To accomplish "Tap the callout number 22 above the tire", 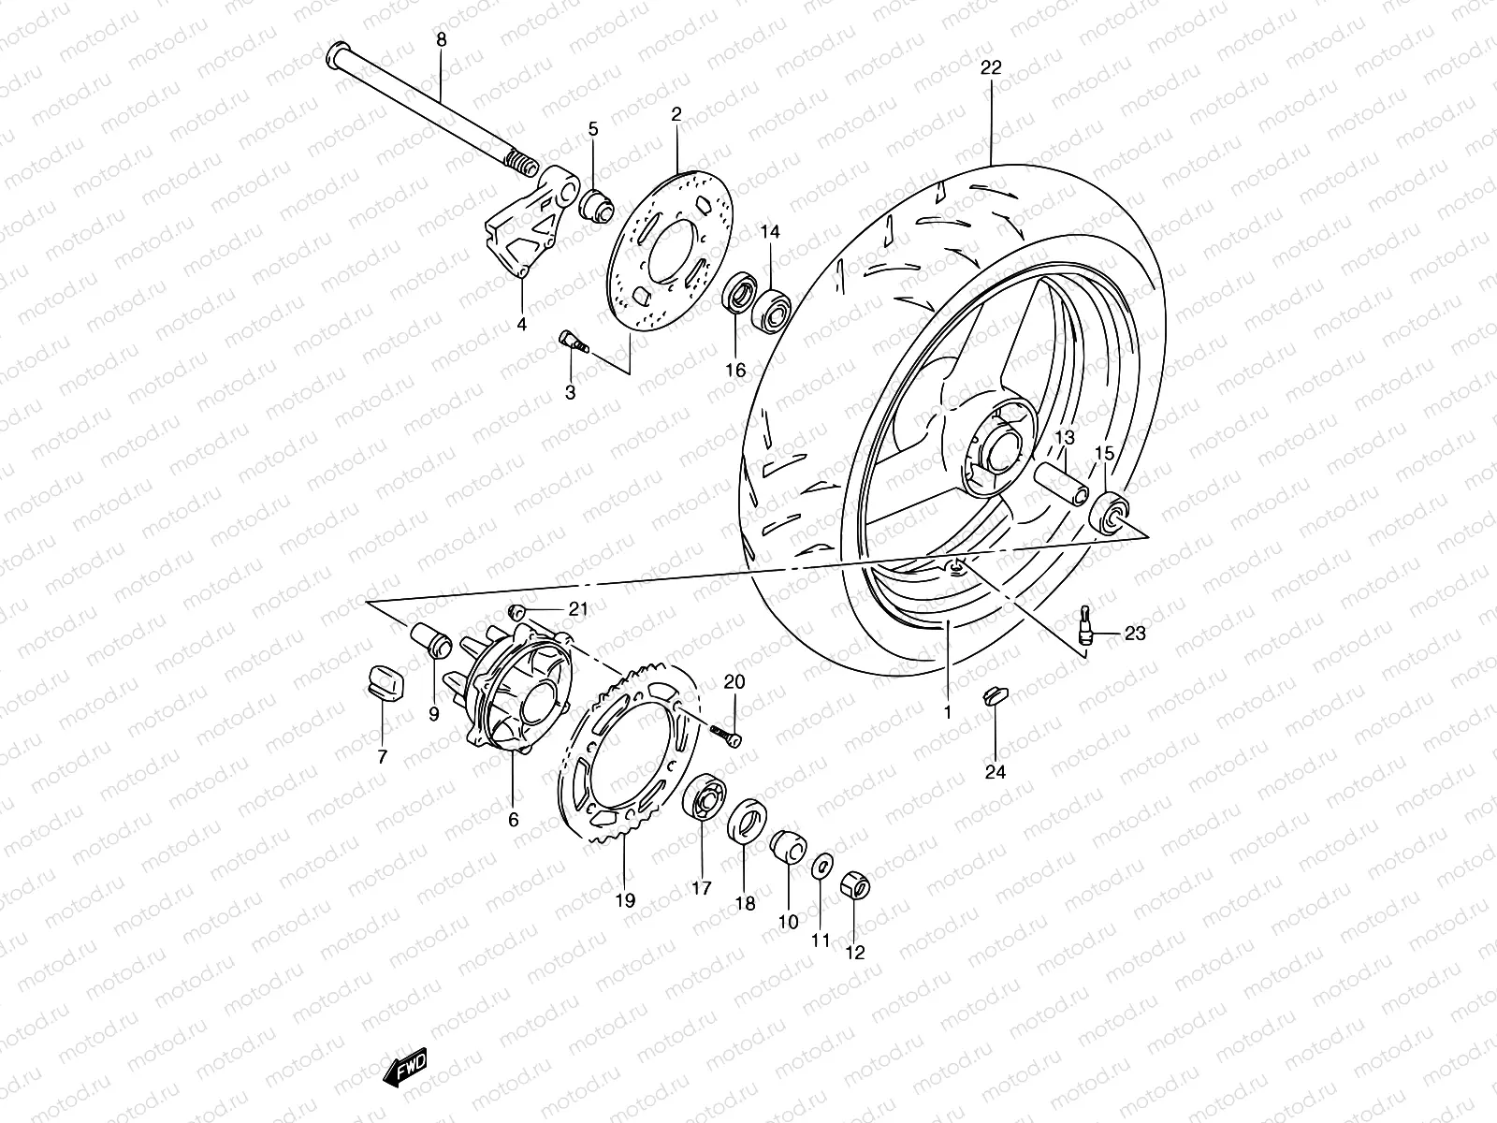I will tap(991, 67).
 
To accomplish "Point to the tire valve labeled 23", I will tap(1086, 624).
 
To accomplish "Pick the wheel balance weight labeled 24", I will tap(996, 694).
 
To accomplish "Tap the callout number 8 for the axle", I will tap(442, 40).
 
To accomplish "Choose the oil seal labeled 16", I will tap(738, 295).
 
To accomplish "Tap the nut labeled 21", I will tap(514, 611).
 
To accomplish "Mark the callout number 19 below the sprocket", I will tap(625, 900).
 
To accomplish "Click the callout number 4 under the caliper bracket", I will tap(521, 324).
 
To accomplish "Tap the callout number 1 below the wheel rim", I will tap(947, 712).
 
